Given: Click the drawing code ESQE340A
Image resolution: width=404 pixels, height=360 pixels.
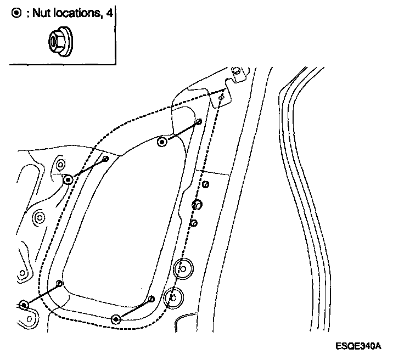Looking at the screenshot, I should click(360, 346).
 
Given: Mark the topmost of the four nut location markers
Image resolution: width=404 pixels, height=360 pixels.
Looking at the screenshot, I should click(162, 142).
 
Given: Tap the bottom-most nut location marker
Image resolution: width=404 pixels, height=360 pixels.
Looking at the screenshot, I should click(115, 319).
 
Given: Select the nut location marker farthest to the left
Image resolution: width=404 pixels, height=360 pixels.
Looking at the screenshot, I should click(24, 305).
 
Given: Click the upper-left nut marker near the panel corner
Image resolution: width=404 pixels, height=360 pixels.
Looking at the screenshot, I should click(68, 179).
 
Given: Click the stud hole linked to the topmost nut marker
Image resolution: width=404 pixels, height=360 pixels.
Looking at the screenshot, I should click(199, 121).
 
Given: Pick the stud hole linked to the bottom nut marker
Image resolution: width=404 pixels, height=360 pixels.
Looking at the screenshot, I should click(152, 299).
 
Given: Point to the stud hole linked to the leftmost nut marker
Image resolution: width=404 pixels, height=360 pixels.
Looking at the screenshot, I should click(60, 284).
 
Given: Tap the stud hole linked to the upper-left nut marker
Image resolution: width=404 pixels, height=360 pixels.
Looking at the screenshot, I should click(106, 159).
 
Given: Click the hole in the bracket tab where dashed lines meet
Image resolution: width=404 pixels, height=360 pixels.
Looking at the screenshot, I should click(221, 97).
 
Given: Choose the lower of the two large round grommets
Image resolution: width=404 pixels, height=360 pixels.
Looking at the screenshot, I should click(173, 297).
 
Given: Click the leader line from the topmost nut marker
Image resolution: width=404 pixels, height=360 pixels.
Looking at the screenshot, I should click(181, 132).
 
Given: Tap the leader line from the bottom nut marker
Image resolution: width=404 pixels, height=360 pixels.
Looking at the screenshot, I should click(134, 309).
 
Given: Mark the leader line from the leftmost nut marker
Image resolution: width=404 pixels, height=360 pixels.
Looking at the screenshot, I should click(42, 294).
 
